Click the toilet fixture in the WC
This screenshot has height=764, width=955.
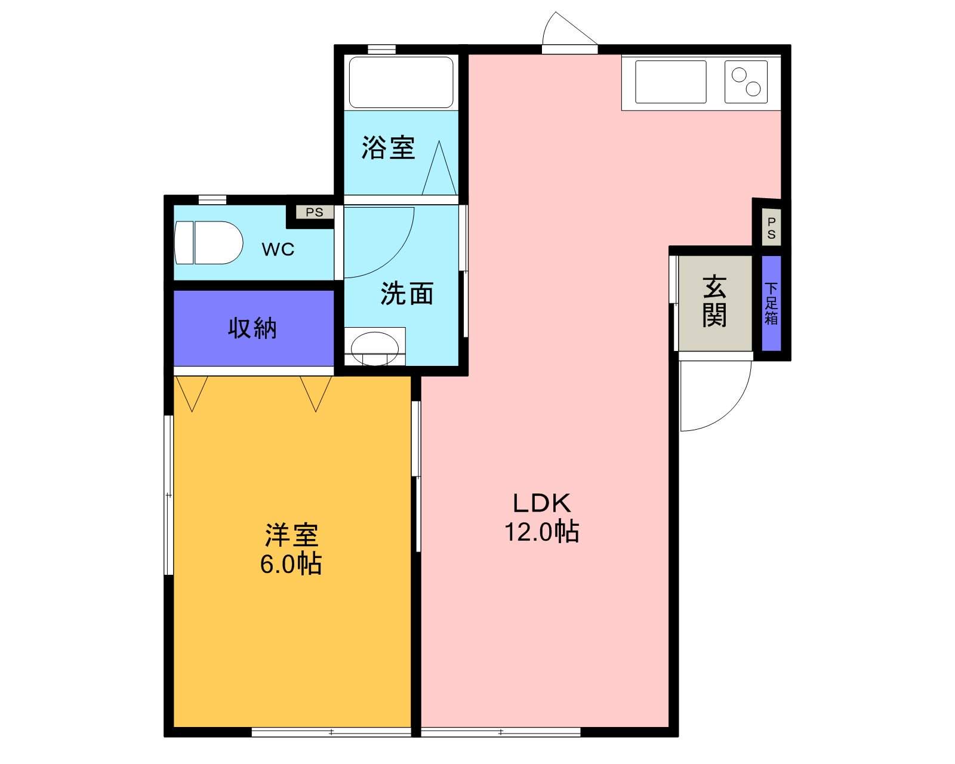pos(209,243)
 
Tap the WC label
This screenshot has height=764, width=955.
pos(278,249)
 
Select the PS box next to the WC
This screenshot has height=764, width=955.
pos(314,212)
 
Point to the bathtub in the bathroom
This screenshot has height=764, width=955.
pos(401,82)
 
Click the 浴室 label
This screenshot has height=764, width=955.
pos(388,147)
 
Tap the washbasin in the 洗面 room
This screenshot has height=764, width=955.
pos(374,347)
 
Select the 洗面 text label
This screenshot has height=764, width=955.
pos(407,294)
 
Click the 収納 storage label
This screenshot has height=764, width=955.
pos(252,328)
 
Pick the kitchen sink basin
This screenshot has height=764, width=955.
pos(670,82)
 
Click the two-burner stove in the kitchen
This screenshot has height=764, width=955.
pos(746,82)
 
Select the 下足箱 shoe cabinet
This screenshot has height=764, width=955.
pos(771,303)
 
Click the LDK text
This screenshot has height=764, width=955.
pos(542,503)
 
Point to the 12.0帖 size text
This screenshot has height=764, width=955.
pos(542,531)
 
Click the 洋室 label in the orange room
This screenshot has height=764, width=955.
pos(291,535)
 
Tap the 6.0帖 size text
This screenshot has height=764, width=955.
pos(291,563)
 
